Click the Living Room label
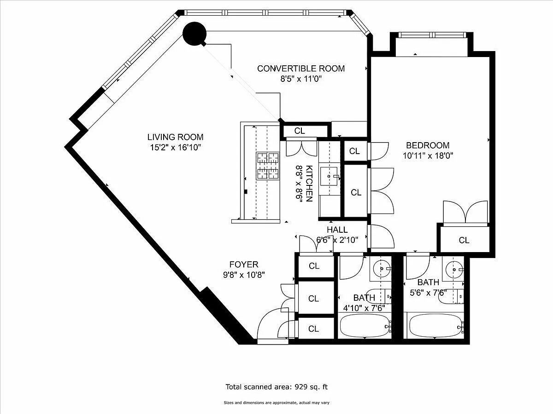(176, 137)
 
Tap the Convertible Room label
(301, 69)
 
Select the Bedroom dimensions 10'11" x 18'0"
(428, 155)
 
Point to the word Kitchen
(309, 183)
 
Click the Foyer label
(244, 264)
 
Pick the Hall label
(337, 230)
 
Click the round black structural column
(194, 34)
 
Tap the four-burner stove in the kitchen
(268, 166)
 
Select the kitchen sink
(329, 177)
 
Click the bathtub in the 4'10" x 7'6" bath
(365, 326)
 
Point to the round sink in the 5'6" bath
(454, 270)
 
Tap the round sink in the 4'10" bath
(382, 269)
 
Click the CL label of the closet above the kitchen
(299, 131)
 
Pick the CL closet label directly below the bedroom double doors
(464, 240)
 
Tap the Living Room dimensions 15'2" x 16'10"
(176, 147)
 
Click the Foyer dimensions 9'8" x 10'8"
(244, 275)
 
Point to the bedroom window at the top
(432, 35)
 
